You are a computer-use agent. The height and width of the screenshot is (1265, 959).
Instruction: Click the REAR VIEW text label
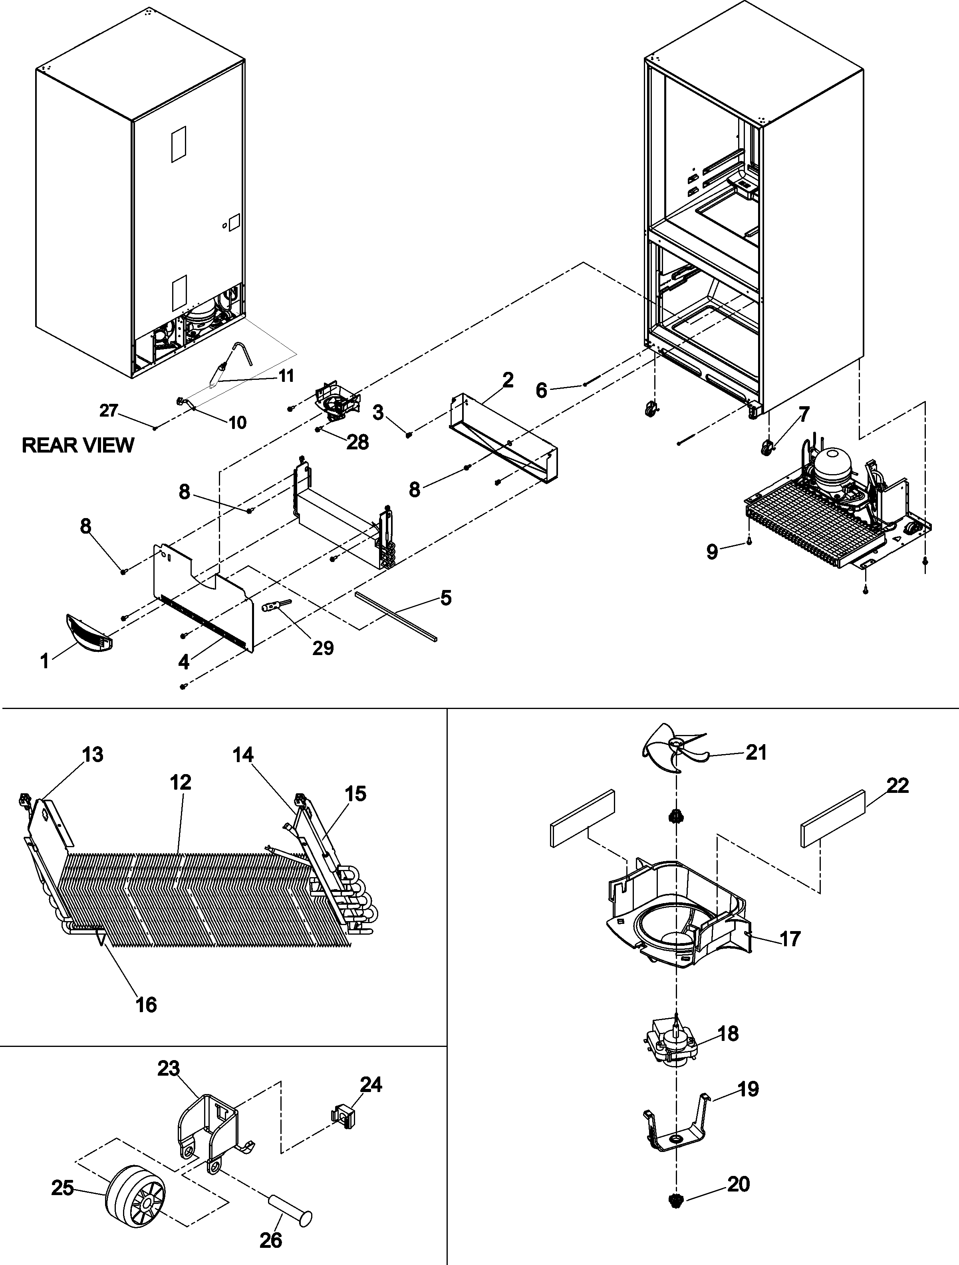(x=78, y=445)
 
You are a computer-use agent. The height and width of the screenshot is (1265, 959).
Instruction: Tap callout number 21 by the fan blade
(x=756, y=752)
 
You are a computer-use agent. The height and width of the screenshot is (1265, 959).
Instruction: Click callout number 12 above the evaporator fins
(x=180, y=782)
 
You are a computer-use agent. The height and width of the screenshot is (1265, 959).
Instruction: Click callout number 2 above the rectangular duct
(x=508, y=380)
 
